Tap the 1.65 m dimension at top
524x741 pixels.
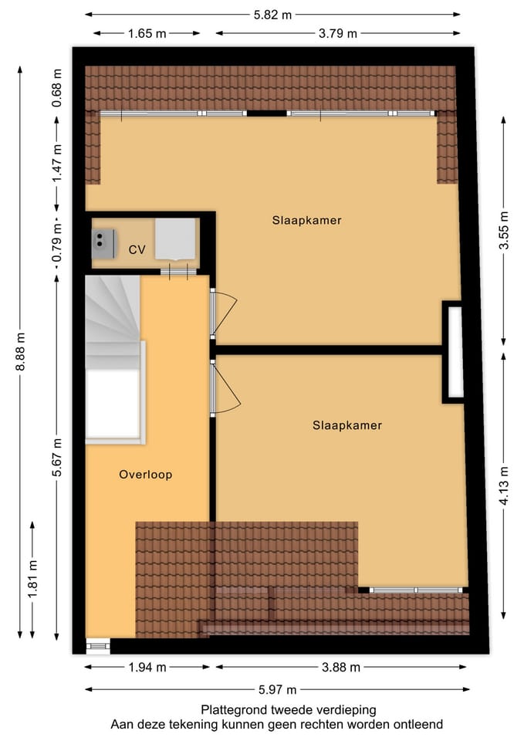(x=147, y=33)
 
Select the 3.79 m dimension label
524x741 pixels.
(x=338, y=33)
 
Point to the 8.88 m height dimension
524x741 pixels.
(x=21, y=352)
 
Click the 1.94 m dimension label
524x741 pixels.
(x=147, y=668)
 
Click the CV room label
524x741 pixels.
(x=137, y=250)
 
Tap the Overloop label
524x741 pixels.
(x=145, y=475)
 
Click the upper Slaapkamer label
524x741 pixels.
(x=306, y=220)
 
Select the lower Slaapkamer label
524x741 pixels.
(x=347, y=425)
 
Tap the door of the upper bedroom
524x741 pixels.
(x=224, y=314)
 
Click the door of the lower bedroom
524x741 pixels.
(x=225, y=389)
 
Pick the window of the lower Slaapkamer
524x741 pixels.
(x=414, y=590)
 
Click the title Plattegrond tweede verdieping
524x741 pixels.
(x=277, y=709)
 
